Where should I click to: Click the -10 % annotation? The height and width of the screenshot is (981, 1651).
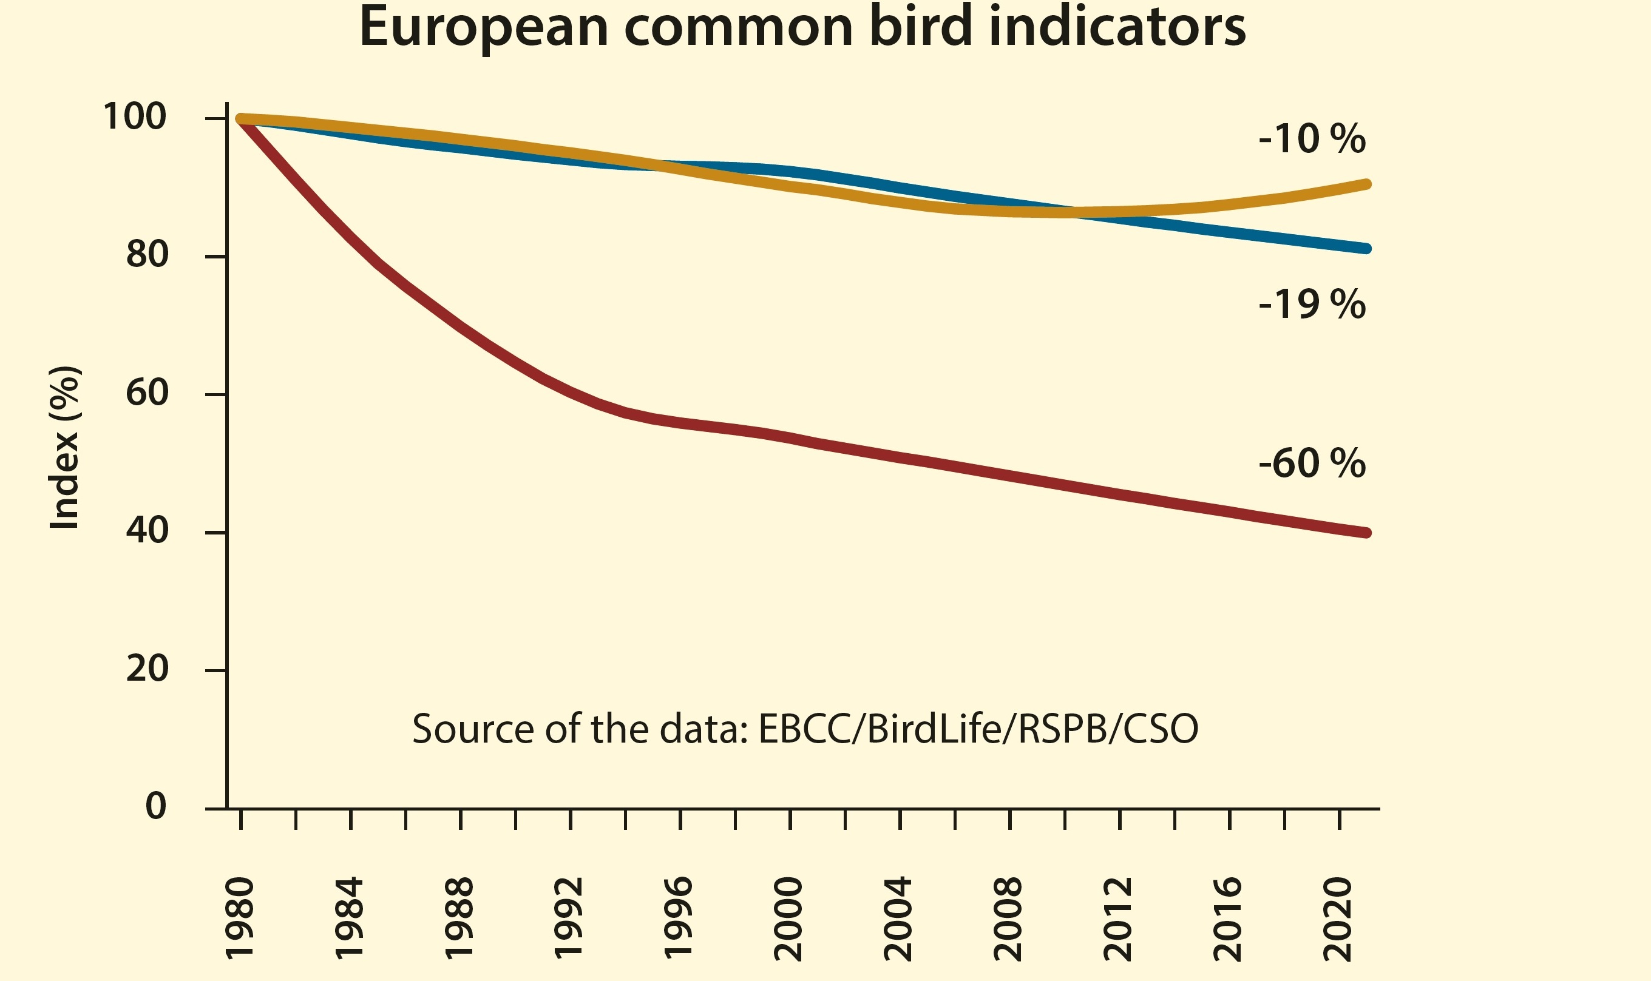click(x=1312, y=139)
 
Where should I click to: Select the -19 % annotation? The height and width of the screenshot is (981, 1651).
click(x=1312, y=305)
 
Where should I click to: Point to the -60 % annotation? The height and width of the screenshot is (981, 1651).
click(x=1312, y=463)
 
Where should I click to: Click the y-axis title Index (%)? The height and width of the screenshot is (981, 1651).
click(x=66, y=448)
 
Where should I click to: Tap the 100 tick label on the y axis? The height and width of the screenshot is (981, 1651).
click(x=134, y=117)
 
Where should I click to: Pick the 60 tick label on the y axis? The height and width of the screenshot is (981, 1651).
click(x=147, y=393)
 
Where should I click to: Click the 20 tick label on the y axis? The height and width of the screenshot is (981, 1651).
click(x=147, y=669)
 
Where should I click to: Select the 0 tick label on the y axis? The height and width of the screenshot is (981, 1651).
click(x=155, y=806)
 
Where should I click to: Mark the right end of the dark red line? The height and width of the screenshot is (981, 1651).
click(x=1366, y=533)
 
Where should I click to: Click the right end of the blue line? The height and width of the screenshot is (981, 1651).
click(x=1366, y=249)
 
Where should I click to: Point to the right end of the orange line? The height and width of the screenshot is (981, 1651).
click(x=1366, y=184)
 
